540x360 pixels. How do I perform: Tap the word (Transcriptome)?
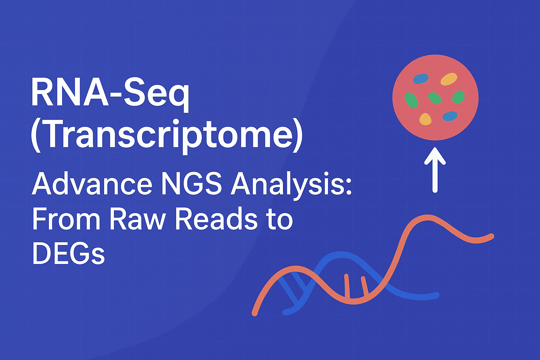(x=167, y=136)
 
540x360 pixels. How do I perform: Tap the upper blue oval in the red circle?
(x=421, y=79)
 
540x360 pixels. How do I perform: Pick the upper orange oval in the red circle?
(x=449, y=79)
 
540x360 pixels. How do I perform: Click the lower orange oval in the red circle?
(x=425, y=119)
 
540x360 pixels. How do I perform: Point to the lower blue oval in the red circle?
(x=450, y=116)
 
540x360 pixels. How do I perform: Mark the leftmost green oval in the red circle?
(x=411, y=100)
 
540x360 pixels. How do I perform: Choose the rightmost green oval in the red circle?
(x=458, y=97)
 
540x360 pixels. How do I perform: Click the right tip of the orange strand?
(x=491, y=236)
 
